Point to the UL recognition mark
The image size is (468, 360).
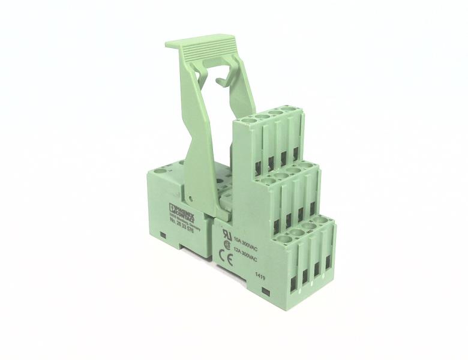pyautogui.click(x=227, y=234)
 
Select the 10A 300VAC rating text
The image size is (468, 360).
pyautogui.click(x=245, y=241)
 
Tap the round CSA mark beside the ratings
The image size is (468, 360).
pyautogui.click(x=227, y=245)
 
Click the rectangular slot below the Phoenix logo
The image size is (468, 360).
pyautogui.click(x=164, y=234)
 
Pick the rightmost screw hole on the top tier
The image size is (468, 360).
pyautogui.click(x=289, y=109)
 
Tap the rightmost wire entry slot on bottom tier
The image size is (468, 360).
pyautogui.click(x=328, y=262)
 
